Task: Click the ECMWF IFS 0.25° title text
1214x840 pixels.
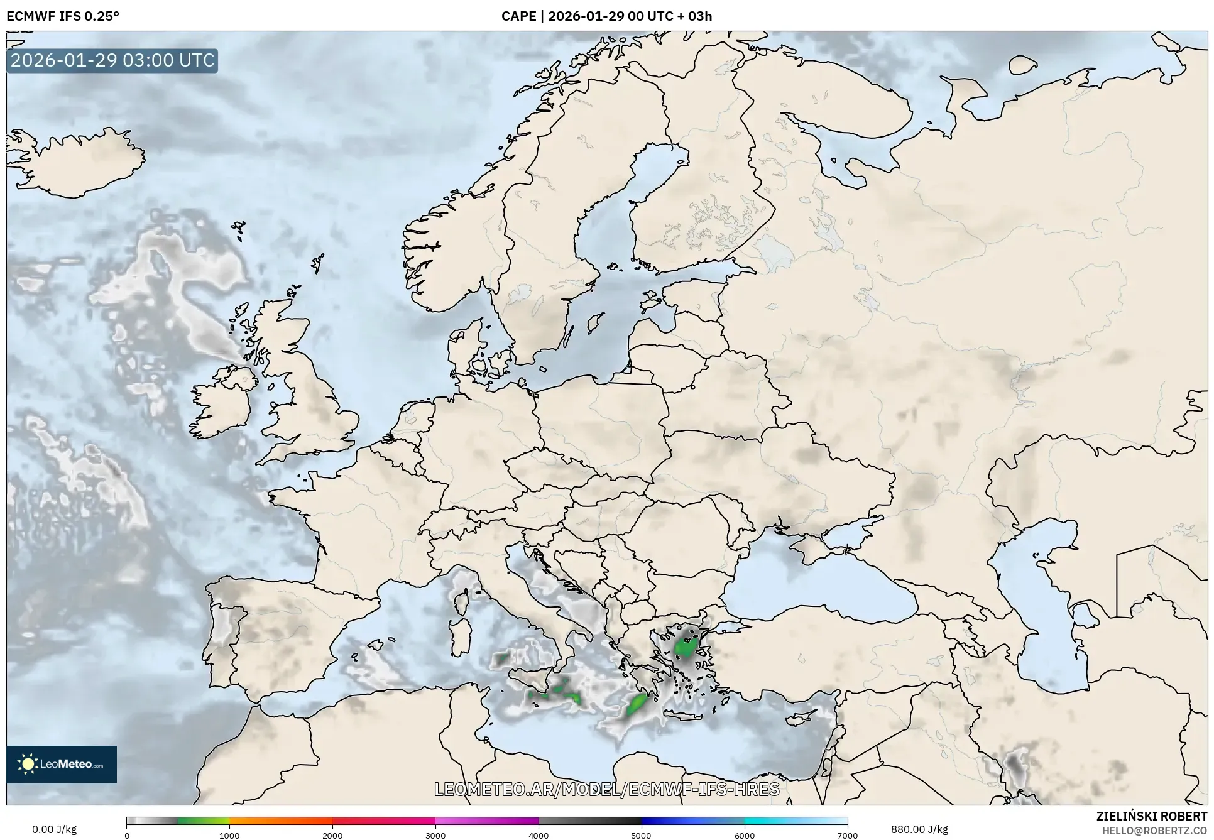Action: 63,16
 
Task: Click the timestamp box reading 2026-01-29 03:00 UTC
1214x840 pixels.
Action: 112,60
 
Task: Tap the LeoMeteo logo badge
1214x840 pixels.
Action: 62,764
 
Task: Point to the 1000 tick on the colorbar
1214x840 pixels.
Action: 229,835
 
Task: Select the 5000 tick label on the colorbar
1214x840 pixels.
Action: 641,836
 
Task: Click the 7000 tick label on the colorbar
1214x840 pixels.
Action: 847,836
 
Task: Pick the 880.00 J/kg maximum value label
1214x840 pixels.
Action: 919,829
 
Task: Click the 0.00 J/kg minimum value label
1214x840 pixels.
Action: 55,829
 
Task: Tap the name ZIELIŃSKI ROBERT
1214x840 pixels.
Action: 1152,816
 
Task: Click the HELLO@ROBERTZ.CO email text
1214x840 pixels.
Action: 1154,831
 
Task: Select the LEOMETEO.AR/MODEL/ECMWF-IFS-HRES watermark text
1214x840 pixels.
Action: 607,789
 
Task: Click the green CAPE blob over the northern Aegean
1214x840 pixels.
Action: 684,647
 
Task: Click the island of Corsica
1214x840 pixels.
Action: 462,601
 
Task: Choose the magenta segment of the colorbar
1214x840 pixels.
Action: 487,821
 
